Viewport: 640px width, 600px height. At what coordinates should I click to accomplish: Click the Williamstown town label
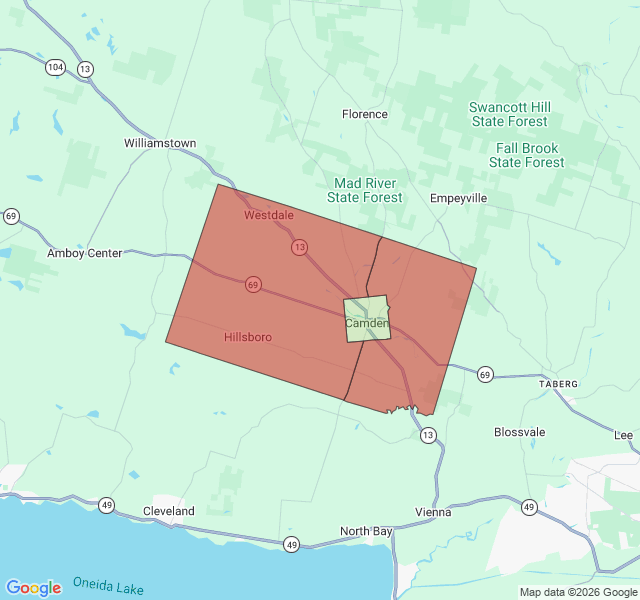[160, 143]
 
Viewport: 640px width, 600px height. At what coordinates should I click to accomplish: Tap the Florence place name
[364, 114]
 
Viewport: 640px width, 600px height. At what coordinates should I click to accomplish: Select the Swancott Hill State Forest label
[510, 114]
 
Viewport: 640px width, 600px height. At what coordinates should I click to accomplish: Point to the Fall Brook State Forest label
[527, 154]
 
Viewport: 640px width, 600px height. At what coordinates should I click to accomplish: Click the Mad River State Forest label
[365, 190]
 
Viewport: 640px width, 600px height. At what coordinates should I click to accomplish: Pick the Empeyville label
[458, 198]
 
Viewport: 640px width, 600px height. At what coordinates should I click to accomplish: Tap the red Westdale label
[269, 215]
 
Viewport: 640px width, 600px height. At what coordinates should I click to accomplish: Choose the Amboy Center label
[84, 253]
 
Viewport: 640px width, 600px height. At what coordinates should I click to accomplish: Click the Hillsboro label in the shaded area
[248, 337]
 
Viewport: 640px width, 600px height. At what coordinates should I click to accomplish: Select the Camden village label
[366, 323]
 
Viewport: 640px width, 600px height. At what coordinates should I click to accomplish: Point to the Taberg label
[559, 384]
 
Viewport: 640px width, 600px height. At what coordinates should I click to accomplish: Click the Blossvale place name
[520, 432]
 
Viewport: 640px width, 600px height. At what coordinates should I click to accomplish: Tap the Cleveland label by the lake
[168, 511]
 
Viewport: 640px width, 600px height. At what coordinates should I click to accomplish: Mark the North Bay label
[366, 531]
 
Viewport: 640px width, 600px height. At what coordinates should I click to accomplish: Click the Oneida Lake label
[108, 586]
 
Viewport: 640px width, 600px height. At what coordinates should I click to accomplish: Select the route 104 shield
[55, 67]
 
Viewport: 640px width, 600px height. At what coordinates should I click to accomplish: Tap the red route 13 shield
[299, 246]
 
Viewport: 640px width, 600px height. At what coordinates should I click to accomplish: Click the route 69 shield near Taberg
[485, 374]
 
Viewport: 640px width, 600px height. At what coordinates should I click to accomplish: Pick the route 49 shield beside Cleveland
[107, 505]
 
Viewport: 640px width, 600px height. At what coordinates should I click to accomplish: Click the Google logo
[33, 587]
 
